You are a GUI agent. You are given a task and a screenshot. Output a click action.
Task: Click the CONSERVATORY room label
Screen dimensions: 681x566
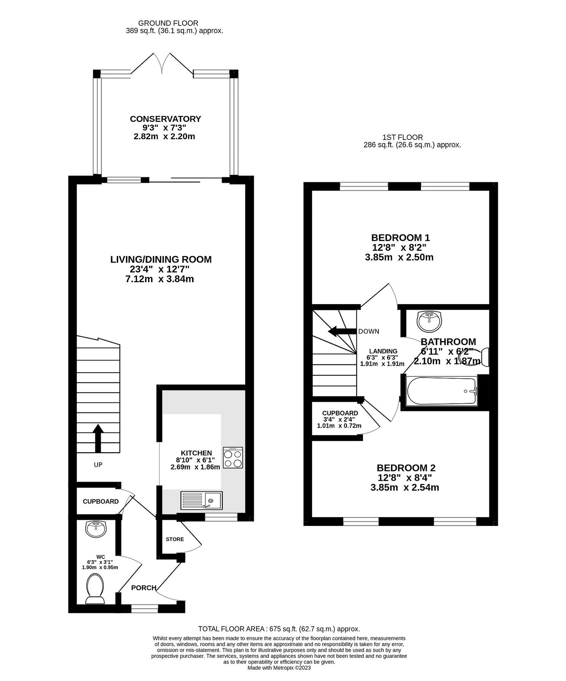[165, 119]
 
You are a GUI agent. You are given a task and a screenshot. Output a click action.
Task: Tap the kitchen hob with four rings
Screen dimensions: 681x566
[233, 458]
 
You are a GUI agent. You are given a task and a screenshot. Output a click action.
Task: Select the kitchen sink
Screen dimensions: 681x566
[202, 500]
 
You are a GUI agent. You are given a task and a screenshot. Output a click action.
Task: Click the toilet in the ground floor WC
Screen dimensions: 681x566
[94, 589]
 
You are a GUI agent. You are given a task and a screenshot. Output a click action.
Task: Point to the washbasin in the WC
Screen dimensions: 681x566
[96, 529]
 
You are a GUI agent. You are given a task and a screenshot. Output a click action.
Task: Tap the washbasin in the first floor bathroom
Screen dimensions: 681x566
[429, 320]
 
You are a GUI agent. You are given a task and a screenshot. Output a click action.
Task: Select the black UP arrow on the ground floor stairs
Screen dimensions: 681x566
[98, 438]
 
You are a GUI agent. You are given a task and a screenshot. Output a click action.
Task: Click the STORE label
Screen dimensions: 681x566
[175, 539]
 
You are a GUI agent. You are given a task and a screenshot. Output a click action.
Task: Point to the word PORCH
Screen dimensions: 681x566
[144, 588]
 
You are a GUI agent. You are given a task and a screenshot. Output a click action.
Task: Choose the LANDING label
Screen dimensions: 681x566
[383, 351]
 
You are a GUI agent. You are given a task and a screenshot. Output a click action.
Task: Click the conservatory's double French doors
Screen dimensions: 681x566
[162, 64]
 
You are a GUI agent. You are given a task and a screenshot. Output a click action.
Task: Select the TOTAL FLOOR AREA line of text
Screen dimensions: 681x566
[279, 629]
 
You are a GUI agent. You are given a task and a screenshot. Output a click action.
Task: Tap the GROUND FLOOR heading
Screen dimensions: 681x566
[168, 23]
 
